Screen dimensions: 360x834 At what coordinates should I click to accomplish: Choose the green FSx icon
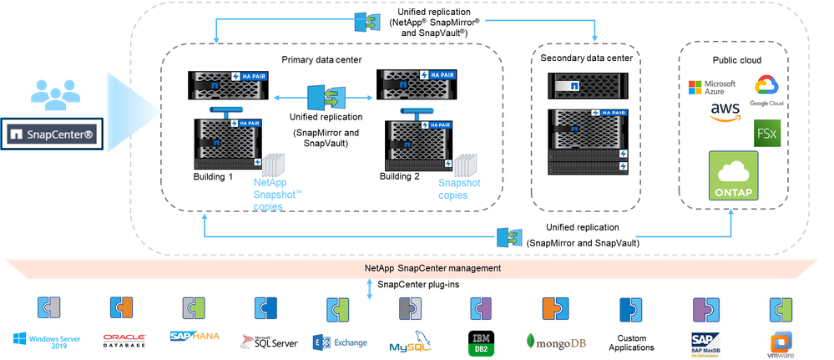pos(766,134)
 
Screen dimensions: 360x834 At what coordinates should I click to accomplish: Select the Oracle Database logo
pos(123,339)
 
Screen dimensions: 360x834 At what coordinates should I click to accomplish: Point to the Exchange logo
pos(338,341)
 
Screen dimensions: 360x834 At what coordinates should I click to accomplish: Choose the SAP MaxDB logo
pos(704,342)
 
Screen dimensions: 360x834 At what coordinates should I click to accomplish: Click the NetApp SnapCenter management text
pos(432,269)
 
